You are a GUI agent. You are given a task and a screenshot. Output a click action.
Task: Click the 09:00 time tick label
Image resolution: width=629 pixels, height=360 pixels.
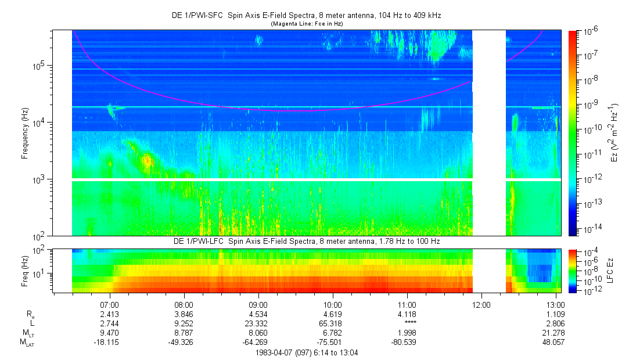point(258,304)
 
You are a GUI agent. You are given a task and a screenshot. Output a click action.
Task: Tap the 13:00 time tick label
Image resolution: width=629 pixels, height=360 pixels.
point(556,304)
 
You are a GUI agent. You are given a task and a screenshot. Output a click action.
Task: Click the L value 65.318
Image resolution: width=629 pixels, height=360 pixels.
point(332,323)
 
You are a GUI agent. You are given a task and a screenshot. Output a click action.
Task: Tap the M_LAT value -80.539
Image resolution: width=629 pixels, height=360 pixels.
point(407,342)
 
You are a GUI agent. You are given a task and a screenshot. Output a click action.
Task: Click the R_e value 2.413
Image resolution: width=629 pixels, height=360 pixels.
point(110,314)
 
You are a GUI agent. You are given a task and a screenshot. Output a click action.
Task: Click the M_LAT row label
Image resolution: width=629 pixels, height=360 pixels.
point(27,343)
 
